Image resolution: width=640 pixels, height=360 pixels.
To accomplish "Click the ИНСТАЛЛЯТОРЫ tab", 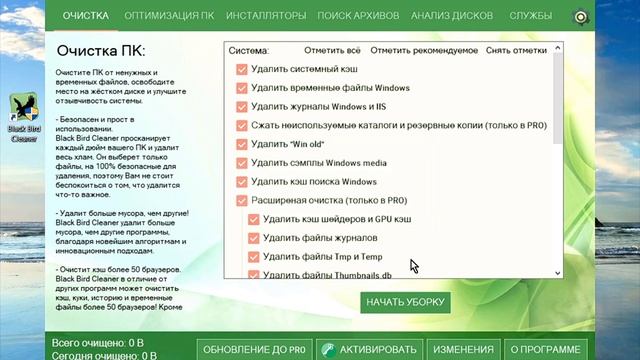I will click(266, 17).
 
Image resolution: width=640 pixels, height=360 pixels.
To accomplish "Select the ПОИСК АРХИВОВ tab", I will click(357, 17).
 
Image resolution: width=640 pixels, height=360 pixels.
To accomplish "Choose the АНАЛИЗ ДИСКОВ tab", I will click(451, 17).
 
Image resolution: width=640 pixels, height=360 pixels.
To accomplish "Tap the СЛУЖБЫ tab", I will click(529, 17).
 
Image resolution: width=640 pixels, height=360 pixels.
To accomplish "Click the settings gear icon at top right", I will click(580, 18).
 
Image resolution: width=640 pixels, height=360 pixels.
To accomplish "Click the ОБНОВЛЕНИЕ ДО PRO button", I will click(252, 349).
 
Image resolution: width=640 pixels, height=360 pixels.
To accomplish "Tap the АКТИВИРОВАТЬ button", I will click(372, 349).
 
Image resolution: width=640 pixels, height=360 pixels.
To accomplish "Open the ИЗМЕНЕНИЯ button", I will click(462, 349).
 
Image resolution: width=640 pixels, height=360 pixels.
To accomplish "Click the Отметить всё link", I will click(331, 49).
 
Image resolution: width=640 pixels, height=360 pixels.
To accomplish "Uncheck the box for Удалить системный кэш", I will click(241, 69).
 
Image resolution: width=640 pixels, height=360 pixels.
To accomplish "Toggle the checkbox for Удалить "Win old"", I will click(241, 144).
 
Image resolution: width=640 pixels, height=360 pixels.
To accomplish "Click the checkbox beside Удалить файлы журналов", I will click(253, 238).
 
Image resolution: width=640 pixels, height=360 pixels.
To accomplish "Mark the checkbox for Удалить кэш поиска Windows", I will click(241, 182).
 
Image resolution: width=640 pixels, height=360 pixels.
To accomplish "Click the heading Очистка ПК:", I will click(101, 50).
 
